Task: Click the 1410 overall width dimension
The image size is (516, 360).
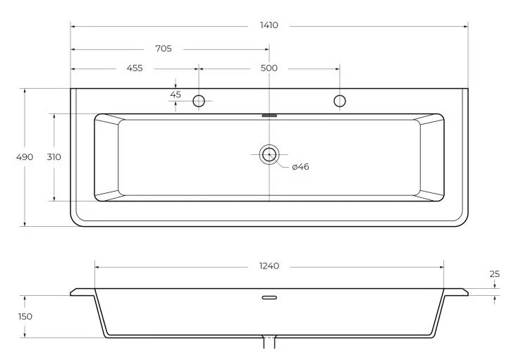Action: pyautogui.click(x=269, y=25)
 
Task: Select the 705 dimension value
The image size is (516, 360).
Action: pyautogui.click(x=164, y=49)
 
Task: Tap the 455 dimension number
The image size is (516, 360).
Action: pyautogui.click(x=135, y=68)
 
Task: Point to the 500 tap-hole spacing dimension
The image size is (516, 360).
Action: pyautogui.click(x=269, y=68)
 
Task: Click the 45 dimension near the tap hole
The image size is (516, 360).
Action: pyautogui.click(x=176, y=94)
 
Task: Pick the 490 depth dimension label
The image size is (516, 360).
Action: pyautogui.click(x=25, y=157)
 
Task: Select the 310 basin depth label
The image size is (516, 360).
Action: pyautogui.click(x=54, y=157)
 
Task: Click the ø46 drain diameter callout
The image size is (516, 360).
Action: pyautogui.click(x=300, y=167)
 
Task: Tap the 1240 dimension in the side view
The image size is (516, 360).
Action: pyautogui.click(x=269, y=266)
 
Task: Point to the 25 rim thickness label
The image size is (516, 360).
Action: pyautogui.click(x=494, y=274)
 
